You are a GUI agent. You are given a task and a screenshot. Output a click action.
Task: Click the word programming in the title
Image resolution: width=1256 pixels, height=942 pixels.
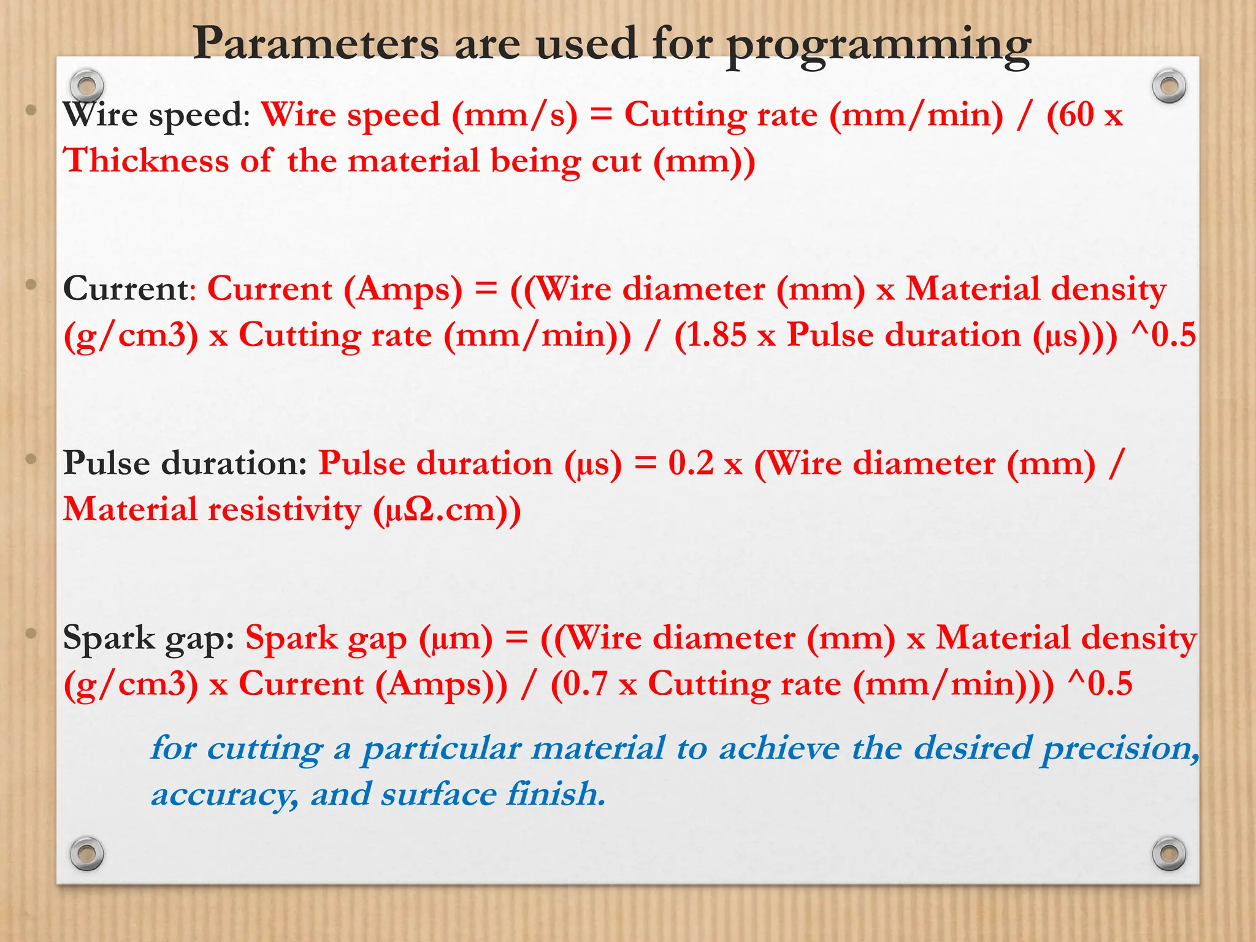pyautogui.click(x=878, y=46)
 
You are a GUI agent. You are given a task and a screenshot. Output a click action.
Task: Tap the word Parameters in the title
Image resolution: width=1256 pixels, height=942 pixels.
pyautogui.click(x=316, y=44)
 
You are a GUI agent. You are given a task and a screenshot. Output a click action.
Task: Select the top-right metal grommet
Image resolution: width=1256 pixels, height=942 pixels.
pyautogui.click(x=1169, y=86)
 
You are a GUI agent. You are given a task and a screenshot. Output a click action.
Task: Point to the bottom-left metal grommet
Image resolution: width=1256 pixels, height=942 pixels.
pyautogui.click(x=86, y=853)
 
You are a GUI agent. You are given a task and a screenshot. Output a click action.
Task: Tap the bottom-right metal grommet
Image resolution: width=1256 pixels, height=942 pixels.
pyautogui.click(x=1169, y=853)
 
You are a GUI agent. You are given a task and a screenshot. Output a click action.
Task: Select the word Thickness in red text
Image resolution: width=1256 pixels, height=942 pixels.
pyautogui.click(x=146, y=161)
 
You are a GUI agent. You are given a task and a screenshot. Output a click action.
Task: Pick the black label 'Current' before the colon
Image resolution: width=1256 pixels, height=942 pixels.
pyautogui.click(x=125, y=288)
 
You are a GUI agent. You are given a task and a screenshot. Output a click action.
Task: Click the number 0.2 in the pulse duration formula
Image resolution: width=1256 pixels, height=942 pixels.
pyautogui.click(x=691, y=463)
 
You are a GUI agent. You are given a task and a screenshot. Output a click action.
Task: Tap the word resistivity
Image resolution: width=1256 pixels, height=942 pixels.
pyautogui.click(x=285, y=510)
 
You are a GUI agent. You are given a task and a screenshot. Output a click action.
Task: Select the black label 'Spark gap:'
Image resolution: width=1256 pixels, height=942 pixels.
pyautogui.click(x=148, y=638)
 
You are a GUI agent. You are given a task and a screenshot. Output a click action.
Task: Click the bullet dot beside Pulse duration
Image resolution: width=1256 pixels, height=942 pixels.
pyautogui.click(x=31, y=459)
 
